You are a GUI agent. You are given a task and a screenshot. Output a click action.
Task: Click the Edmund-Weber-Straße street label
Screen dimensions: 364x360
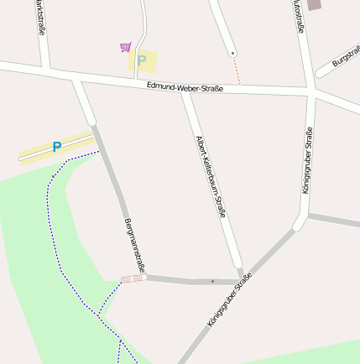point(185,88)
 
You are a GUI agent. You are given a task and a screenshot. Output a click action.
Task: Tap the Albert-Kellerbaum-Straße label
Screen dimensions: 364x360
point(211,177)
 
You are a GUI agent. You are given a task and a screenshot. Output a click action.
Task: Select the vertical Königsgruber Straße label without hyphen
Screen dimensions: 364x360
point(307,160)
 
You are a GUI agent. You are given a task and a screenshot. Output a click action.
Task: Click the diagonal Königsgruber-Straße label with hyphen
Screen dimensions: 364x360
point(229,300)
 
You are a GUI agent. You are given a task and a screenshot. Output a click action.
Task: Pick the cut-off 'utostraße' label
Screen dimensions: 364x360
point(299,16)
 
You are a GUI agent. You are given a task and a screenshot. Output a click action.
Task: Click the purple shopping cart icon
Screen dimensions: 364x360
point(125,47)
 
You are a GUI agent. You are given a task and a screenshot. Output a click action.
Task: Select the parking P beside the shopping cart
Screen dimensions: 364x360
point(142,60)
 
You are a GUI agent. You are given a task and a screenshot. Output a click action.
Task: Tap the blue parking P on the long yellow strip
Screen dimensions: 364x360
point(57,147)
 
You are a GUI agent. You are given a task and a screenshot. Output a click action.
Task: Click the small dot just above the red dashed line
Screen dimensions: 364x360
point(232,53)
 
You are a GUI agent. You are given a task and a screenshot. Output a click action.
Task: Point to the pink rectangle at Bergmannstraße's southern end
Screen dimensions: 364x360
point(133,278)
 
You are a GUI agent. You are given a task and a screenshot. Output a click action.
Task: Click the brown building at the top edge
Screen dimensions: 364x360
point(314,4)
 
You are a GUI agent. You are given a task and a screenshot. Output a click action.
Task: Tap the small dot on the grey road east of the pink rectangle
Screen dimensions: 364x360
point(212,281)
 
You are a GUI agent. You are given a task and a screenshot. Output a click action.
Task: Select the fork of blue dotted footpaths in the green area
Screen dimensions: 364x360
point(99,315)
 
